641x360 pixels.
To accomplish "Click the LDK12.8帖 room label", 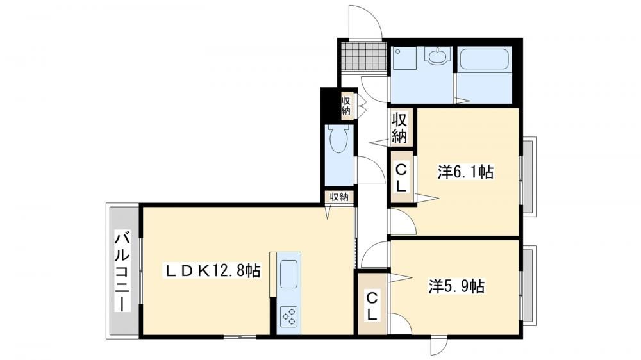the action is [213, 270].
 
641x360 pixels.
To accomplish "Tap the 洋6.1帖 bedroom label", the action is [465, 172].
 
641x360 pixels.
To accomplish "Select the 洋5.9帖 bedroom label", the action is [456, 286].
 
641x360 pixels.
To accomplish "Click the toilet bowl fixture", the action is [338, 139].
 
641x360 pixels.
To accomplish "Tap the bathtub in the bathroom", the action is [484, 60].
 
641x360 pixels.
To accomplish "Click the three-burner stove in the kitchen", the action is [289, 316].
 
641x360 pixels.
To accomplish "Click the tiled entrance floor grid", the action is [362, 57].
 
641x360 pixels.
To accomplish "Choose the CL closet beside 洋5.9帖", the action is [372, 305].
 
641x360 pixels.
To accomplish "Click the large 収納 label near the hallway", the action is [400, 128].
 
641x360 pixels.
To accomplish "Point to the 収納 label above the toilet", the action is [346, 106].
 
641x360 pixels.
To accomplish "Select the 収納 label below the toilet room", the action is [339, 197].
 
